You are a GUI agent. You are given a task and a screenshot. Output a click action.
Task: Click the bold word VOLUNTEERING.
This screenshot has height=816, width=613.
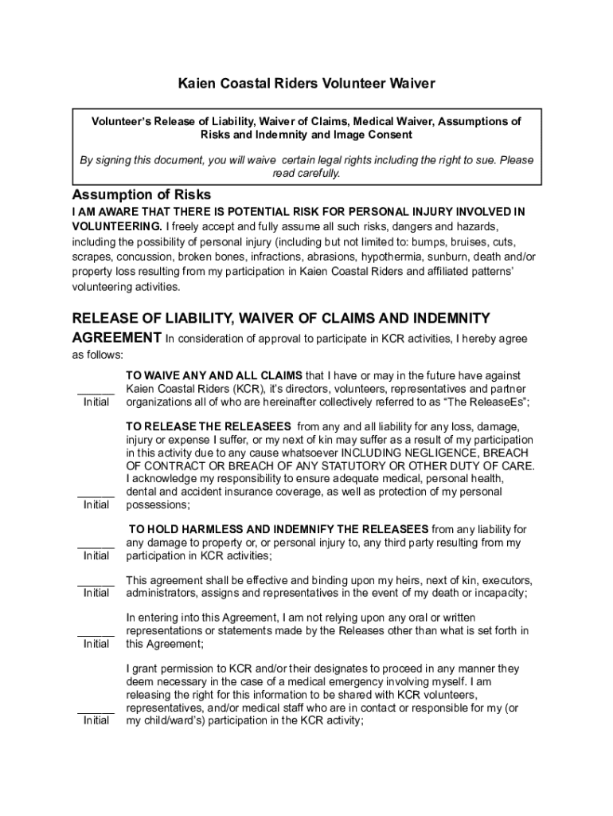(116, 226)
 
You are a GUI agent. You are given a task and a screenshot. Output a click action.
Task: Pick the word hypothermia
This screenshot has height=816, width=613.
(390, 257)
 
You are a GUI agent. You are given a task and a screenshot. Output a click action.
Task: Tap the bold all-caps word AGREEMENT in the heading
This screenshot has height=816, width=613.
(116, 337)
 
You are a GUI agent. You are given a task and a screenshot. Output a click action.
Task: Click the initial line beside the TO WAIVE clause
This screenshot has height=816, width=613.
(96, 394)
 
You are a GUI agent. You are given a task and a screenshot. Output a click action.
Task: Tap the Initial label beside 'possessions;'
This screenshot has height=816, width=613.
(96, 505)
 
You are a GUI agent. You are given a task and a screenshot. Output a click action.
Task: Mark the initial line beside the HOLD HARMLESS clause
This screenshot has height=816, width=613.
(96, 547)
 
